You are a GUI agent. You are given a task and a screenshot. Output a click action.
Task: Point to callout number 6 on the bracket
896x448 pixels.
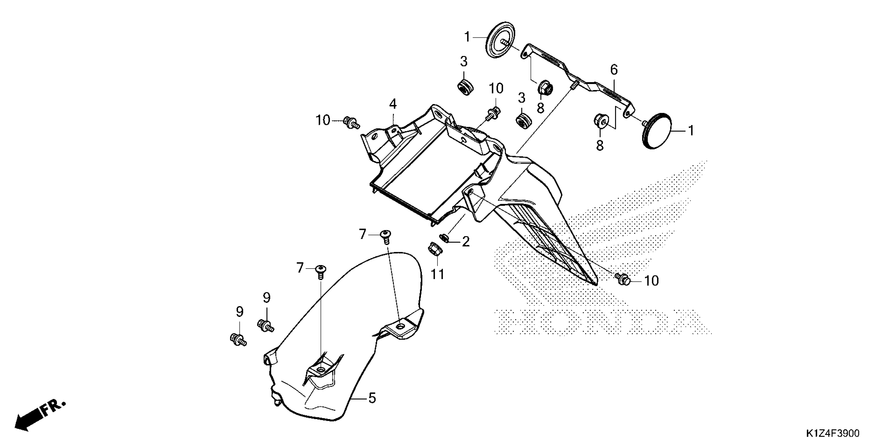click(x=614, y=70)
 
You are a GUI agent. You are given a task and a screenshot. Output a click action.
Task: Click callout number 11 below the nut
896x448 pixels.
click(x=438, y=274)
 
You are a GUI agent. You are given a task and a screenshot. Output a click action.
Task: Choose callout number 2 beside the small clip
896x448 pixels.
click(x=465, y=241)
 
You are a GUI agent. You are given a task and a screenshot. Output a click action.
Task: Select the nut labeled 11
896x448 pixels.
click(x=434, y=249)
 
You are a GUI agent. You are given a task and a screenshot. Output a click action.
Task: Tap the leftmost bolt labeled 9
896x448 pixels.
click(x=238, y=339)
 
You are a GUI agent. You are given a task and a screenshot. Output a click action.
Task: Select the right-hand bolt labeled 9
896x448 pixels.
click(x=266, y=325)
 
